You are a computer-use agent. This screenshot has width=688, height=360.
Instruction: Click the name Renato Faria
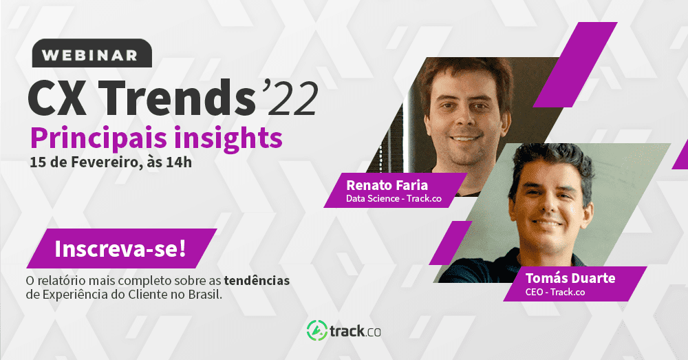click(385, 184)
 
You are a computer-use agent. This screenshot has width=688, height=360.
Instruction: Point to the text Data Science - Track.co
click(393, 200)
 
